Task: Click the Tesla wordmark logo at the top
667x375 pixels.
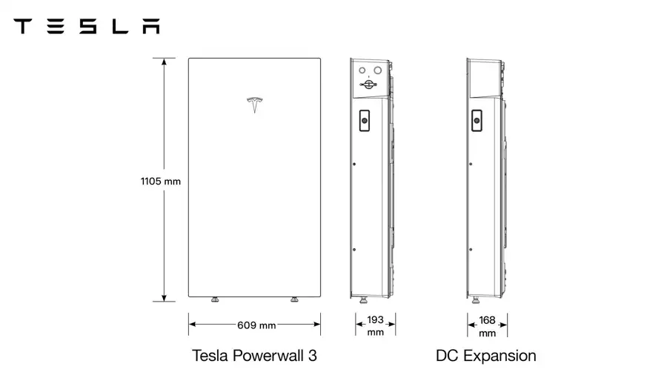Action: coord(87,26)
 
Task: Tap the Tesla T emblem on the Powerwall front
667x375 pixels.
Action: coord(254,105)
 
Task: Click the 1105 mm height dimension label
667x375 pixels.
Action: coord(161,182)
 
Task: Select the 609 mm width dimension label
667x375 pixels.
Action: coord(256,325)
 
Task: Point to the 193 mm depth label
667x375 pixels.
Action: coord(375,325)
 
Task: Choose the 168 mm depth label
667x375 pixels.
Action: coord(487,326)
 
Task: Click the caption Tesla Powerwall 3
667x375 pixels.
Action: coord(254,356)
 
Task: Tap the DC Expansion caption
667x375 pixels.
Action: coord(485,356)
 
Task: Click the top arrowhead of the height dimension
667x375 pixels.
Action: coord(164,62)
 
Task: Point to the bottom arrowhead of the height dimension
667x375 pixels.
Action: coord(164,298)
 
